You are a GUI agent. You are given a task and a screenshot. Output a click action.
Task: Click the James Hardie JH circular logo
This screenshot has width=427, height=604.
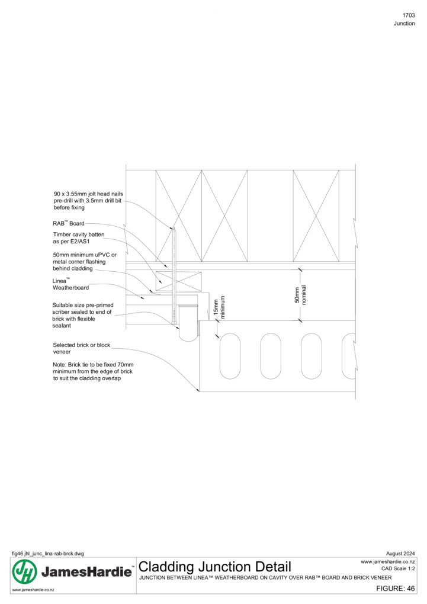point(25,571)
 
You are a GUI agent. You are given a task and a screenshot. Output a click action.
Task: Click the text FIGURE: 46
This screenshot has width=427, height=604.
point(396,588)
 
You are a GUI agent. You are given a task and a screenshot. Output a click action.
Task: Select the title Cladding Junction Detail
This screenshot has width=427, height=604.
point(214,567)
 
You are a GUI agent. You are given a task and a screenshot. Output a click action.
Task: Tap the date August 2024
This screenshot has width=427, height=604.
point(400,554)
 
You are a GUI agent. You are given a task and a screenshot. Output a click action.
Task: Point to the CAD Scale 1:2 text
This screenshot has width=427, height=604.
point(398,568)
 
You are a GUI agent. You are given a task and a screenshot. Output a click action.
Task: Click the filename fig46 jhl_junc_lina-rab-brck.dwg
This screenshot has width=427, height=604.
point(48,554)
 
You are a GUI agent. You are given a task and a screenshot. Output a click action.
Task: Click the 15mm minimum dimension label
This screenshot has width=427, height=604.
point(219,307)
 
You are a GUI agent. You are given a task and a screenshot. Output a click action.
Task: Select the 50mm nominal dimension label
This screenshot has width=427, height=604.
point(300,295)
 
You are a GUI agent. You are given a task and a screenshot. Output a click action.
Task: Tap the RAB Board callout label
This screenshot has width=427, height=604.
point(69,223)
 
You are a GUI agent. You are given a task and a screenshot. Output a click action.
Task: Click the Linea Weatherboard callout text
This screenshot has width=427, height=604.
point(70,284)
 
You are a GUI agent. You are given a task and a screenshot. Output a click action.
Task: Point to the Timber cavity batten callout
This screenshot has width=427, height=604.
point(79,237)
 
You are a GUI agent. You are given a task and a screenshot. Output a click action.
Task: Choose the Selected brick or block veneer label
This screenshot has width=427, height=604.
point(82,348)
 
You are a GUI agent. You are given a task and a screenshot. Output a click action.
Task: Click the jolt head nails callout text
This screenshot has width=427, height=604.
point(88,201)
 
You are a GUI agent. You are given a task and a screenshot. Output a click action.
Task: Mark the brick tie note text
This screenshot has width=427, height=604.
point(93,371)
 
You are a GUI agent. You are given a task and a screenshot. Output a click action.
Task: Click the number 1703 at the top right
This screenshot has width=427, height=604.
point(409,15)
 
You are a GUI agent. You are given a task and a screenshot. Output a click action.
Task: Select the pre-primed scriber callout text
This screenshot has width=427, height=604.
point(83,315)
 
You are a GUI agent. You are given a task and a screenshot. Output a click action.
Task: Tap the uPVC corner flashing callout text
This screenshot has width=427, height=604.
point(85,262)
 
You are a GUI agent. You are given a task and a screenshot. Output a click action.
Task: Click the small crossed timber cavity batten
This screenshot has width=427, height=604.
point(178,281)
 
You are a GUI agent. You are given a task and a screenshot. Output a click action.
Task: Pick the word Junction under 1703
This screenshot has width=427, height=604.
point(404,24)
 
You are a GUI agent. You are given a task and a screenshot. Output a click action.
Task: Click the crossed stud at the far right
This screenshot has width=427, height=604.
point(316,216)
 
